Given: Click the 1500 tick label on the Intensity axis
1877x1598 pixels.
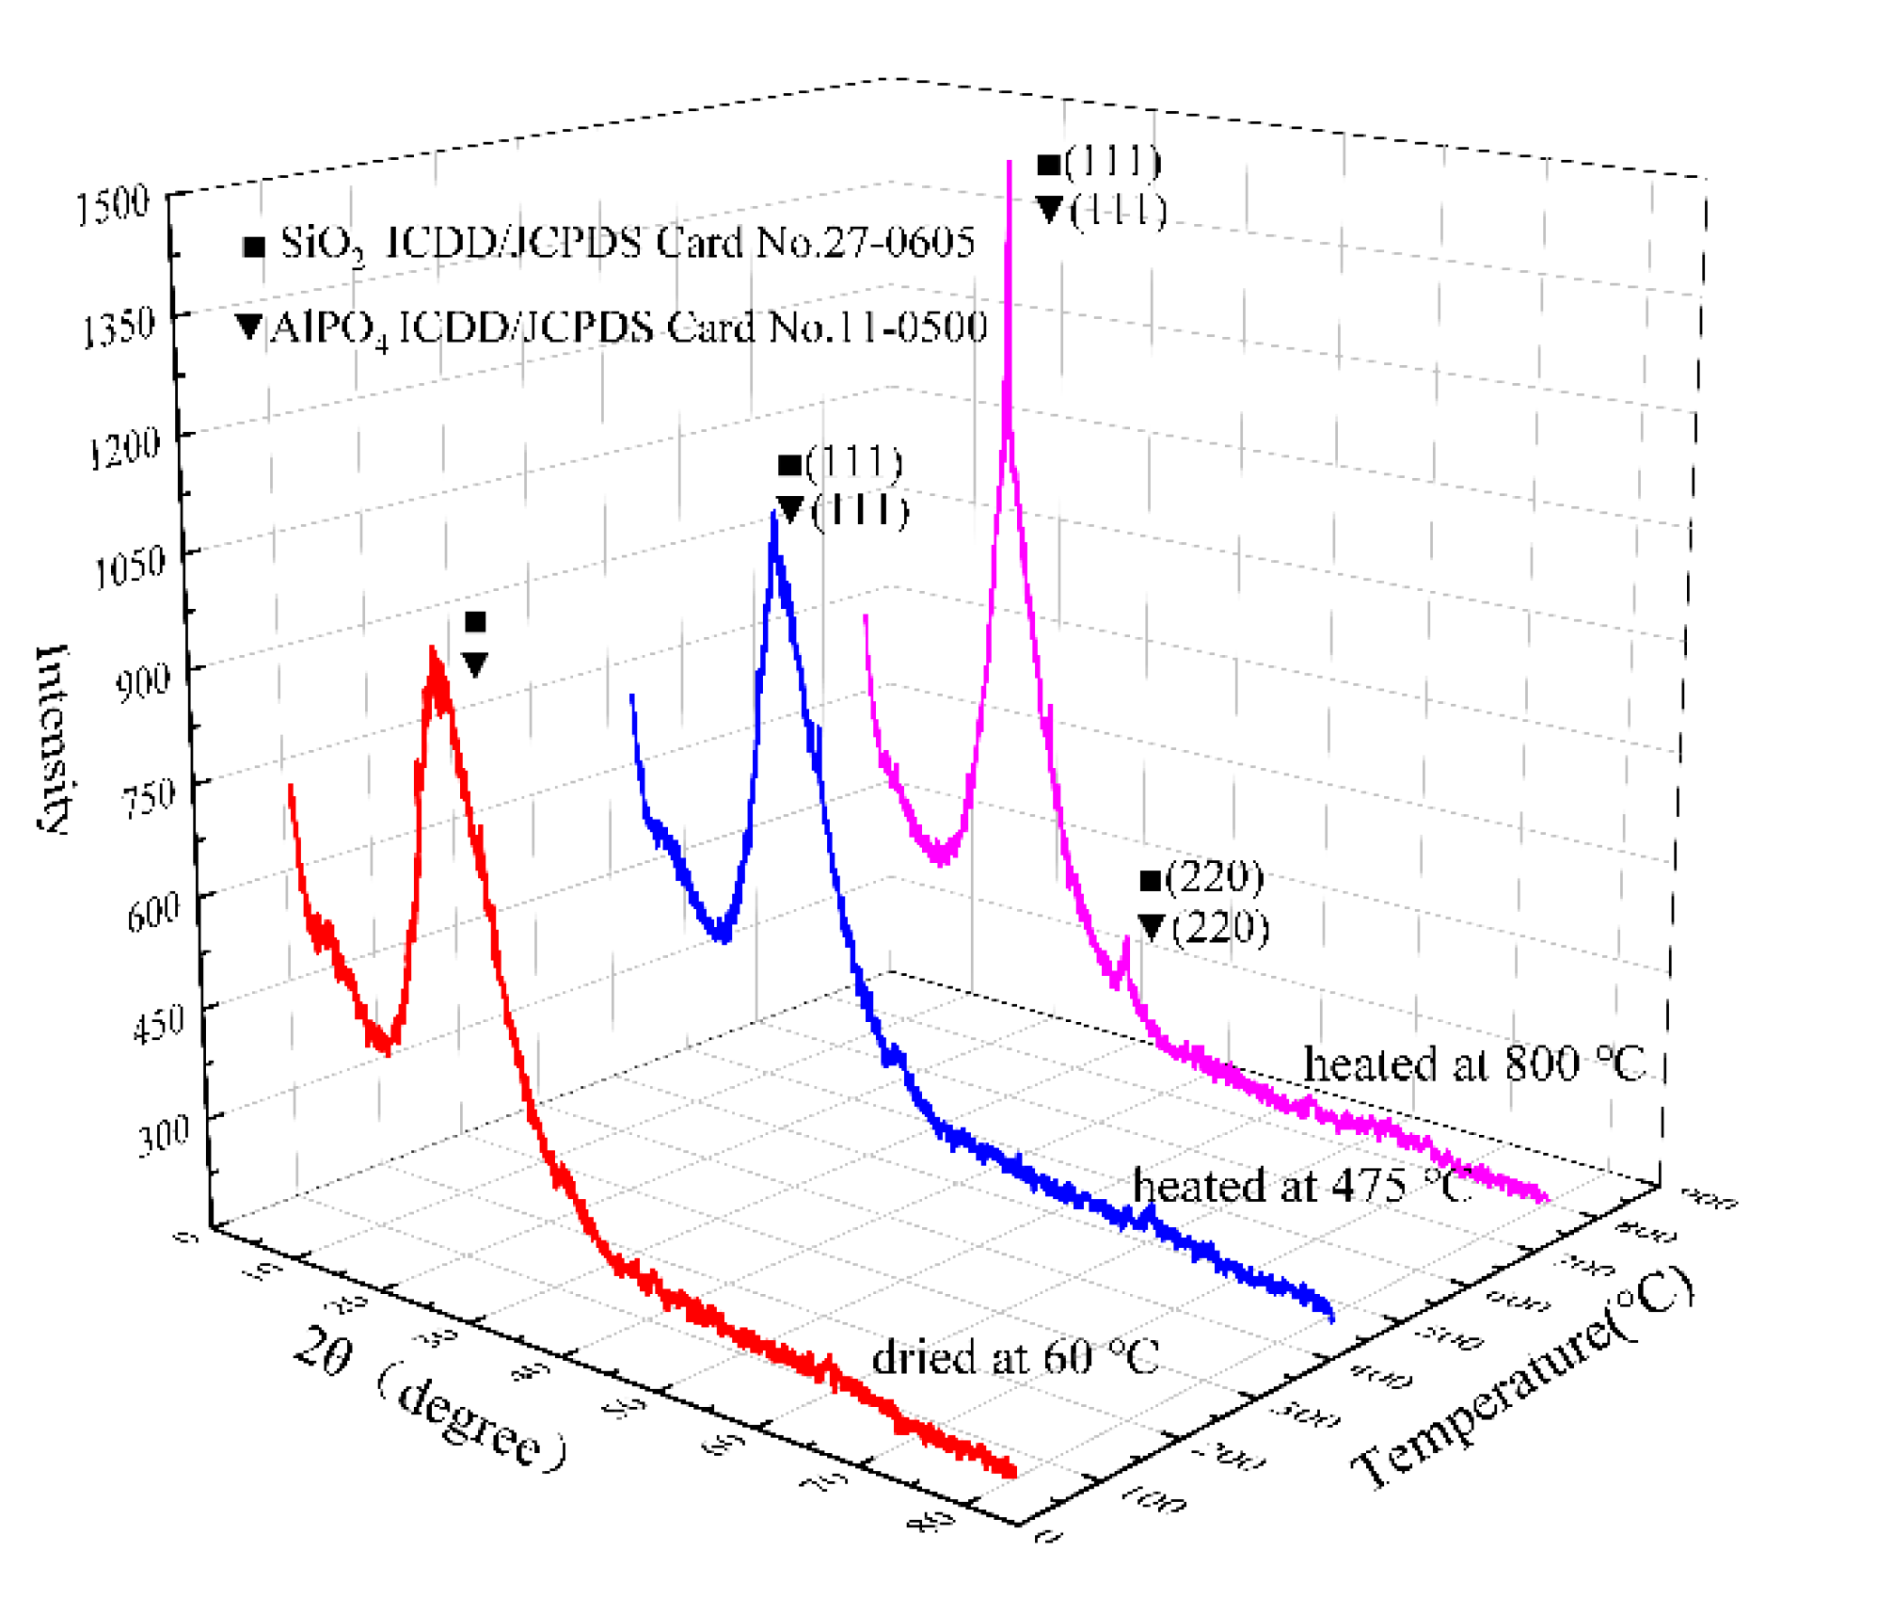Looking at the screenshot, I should coord(113,204).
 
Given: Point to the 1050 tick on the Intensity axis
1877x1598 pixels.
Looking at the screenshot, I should coord(130,567).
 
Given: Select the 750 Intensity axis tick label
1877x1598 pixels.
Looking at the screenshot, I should coord(149,796).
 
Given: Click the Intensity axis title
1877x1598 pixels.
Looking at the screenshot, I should coord(53,740).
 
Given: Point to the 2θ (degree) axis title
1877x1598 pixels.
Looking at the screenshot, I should coord(429,1398).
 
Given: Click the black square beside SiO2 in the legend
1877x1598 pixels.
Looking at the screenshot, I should coord(253,248).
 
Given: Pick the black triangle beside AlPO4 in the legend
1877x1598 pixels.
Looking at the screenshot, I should coord(248,327).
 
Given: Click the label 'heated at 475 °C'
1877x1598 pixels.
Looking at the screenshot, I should coord(1300,1186).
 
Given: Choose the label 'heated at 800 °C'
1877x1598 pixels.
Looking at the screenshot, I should coord(1473,1064).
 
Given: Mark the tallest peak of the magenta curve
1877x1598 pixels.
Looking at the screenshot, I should coord(1010,165).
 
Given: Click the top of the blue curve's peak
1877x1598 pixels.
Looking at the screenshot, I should coord(773,515).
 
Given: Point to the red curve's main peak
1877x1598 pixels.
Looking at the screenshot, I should coord(432,651).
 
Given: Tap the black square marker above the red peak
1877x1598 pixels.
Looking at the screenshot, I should coord(475,621).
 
